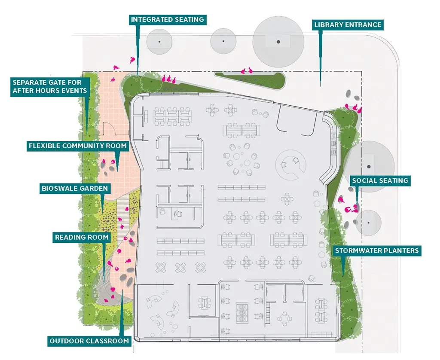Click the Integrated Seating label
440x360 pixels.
(168, 20)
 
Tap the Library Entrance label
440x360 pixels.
(348, 24)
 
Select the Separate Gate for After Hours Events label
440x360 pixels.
(50, 87)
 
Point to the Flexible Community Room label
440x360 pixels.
(78, 146)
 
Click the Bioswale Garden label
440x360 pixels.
(75, 188)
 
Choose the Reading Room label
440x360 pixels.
(82, 238)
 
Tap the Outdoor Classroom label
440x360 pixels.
(89, 341)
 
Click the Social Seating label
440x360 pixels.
(380, 180)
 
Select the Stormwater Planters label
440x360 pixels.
(377, 250)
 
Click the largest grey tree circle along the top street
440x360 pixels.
(278, 42)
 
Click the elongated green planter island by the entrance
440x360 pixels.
(249, 79)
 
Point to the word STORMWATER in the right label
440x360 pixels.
(357, 250)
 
